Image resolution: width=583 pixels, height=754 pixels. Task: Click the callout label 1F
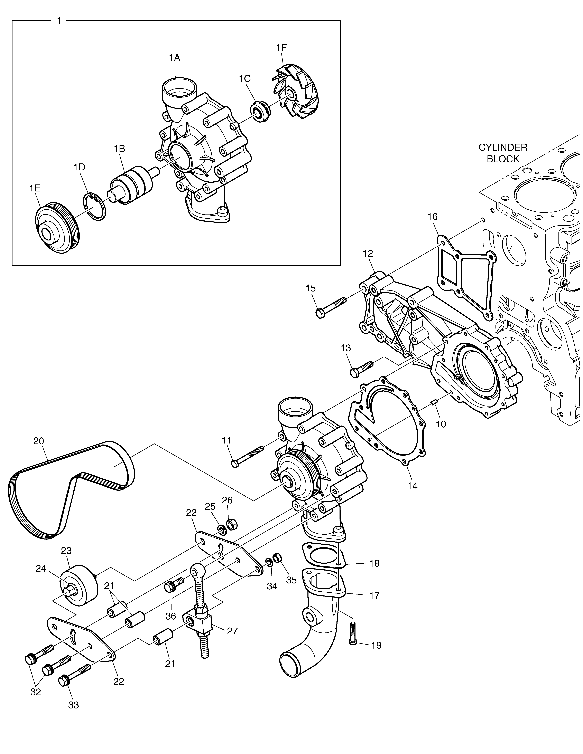tap(281, 48)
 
